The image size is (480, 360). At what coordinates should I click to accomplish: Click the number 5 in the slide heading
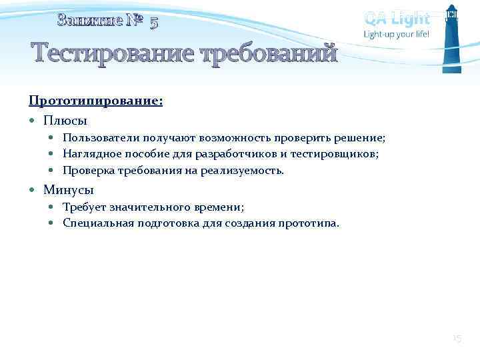click(154, 23)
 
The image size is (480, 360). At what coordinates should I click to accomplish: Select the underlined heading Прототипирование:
click(95, 101)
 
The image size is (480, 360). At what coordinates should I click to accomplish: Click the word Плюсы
click(65, 121)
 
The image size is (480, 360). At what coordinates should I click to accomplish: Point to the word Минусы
click(69, 190)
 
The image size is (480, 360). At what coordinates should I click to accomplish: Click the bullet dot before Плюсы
click(33, 121)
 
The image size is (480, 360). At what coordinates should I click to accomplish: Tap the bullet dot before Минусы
click(33, 191)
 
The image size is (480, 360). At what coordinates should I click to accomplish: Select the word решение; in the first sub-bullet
click(361, 138)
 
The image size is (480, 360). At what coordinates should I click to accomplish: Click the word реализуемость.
click(248, 170)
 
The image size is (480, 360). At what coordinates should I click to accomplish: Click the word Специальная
click(97, 223)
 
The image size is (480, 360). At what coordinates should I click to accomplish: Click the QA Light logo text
click(397, 18)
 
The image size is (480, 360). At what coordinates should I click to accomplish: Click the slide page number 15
click(457, 339)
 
